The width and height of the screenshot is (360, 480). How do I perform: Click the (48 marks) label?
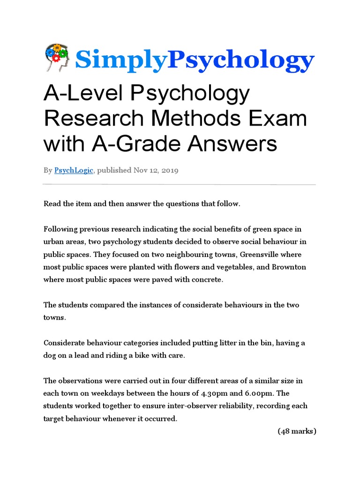point(297,431)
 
